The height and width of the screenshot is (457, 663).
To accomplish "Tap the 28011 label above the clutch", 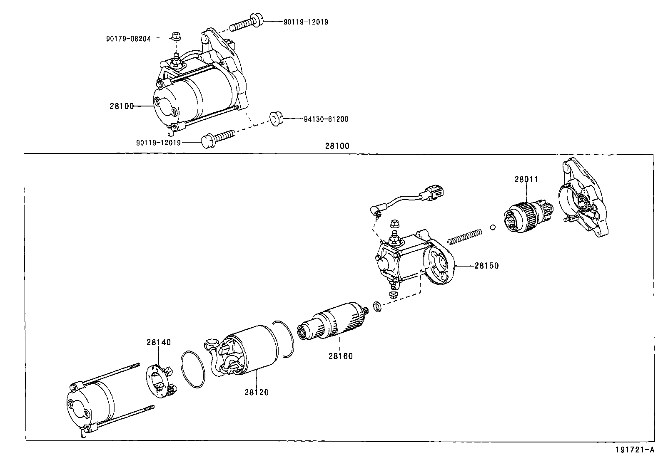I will tap(526, 179).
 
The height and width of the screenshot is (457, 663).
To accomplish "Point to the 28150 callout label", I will tap(486, 265).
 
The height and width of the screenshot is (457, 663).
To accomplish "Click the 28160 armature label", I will tap(340, 356).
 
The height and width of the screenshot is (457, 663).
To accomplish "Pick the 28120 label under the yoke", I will tap(256, 392).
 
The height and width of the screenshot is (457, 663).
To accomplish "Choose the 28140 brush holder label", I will tap(158, 342).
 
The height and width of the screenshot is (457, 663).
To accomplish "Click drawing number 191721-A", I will tap(637, 450).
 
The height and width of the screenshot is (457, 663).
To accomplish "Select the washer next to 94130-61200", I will tap(276, 118).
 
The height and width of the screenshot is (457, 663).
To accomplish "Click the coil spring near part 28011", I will tap(464, 237).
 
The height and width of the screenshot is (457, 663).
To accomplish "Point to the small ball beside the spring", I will tap(492, 227).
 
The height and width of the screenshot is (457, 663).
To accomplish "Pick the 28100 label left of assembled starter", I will tap(122, 106).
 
